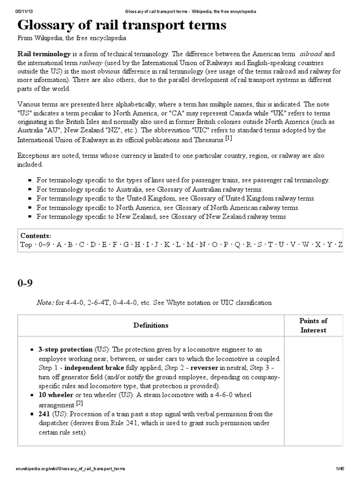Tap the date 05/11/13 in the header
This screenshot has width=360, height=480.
(24, 11)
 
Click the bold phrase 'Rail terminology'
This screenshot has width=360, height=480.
(44, 54)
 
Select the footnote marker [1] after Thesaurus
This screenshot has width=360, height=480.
(228, 138)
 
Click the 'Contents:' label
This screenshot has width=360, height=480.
(36, 236)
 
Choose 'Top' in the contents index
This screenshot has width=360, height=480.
(26, 244)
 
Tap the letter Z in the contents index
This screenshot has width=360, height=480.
(341, 244)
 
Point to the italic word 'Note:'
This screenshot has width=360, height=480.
(46, 303)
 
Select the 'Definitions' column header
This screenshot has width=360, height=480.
(151, 325)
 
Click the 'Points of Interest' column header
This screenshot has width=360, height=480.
(313, 325)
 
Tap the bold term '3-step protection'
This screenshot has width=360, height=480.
(65, 350)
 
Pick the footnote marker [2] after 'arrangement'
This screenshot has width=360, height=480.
(80, 403)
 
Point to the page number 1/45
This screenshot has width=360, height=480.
(340, 468)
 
